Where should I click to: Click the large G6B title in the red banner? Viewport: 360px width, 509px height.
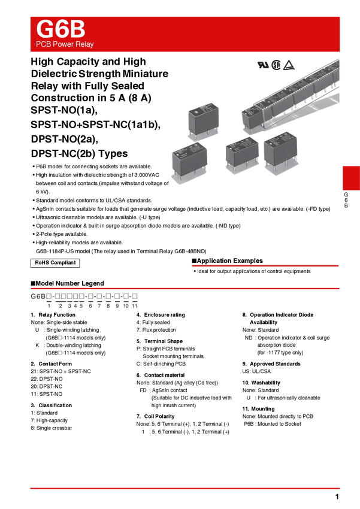(x=60, y=29)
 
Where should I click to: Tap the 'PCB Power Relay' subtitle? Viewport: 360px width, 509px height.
(x=65, y=44)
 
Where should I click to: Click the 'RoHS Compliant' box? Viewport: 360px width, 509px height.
(x=55, y=263)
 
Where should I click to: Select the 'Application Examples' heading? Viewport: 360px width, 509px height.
(x=227, y=260)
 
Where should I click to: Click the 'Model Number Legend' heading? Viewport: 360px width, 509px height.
(x=68, y=283)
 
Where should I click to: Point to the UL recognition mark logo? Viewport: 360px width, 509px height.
(x=263, y=65)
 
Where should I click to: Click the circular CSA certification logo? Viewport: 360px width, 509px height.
(x=276, y=65)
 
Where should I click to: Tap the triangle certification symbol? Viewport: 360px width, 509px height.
(x=289, y=65)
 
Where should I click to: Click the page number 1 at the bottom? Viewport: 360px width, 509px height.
(x=337, y=496)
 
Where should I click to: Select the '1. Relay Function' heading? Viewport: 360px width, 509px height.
(x=53, y=315)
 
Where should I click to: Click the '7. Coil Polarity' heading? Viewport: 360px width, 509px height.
(x=156, y=417)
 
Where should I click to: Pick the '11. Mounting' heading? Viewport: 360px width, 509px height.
(x=258, y=409)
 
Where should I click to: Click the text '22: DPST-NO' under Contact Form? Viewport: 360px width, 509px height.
(x=47, y=379)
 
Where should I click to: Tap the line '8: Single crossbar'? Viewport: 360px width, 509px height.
(x=52, y=428)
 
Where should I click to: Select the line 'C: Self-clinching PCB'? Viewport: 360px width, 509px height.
(x=161, y=364)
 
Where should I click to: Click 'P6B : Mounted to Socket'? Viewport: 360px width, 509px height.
(x=273, y=424)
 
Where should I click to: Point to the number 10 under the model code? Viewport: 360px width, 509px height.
(x=126, y=306)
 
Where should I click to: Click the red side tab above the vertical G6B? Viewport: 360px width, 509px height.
(x=351, y=178)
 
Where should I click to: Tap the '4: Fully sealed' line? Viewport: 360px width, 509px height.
(x=153, y=322)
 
